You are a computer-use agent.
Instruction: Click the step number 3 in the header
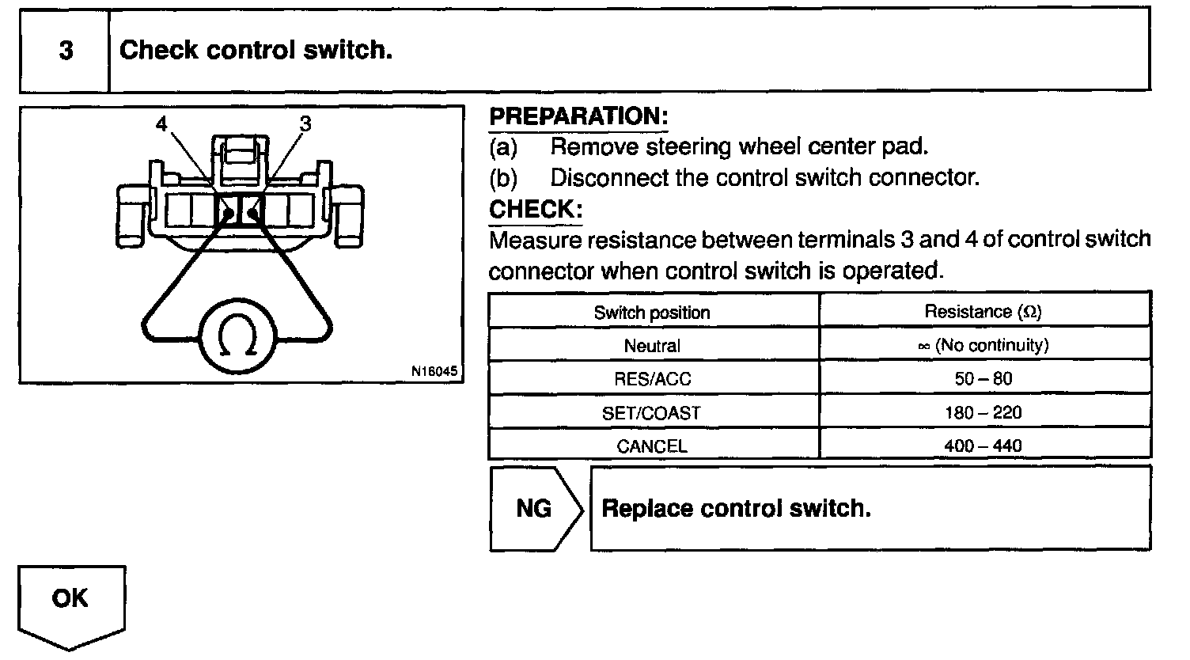click(x=66, y=51)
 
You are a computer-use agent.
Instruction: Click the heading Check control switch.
click(x=256, y=51)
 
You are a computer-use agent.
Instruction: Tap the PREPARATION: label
click(x=578, y=116)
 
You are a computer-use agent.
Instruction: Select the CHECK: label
click(x=536, y=210)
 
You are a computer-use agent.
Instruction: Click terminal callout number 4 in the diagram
click(x=162, y=124)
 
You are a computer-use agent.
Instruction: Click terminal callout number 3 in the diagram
click(x=305, y=123)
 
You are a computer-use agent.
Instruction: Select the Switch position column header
click(x=652, y=313)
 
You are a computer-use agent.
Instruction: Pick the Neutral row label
click(x=652, y=346)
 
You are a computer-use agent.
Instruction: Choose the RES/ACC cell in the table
click(x=652, y=379)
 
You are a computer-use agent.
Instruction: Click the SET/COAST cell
click(x=652, y=412)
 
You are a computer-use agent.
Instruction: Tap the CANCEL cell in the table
click(x=652, y=446)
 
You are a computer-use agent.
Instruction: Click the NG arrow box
click(x=535, y=508)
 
